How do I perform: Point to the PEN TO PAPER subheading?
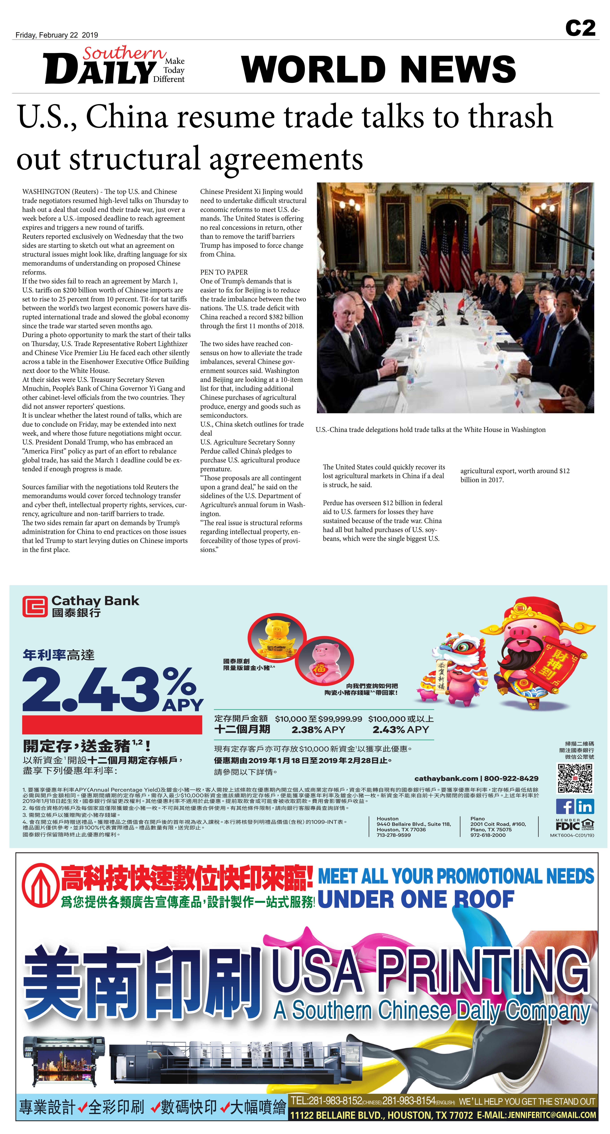(224, 272)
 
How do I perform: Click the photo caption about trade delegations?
(430, 430)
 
